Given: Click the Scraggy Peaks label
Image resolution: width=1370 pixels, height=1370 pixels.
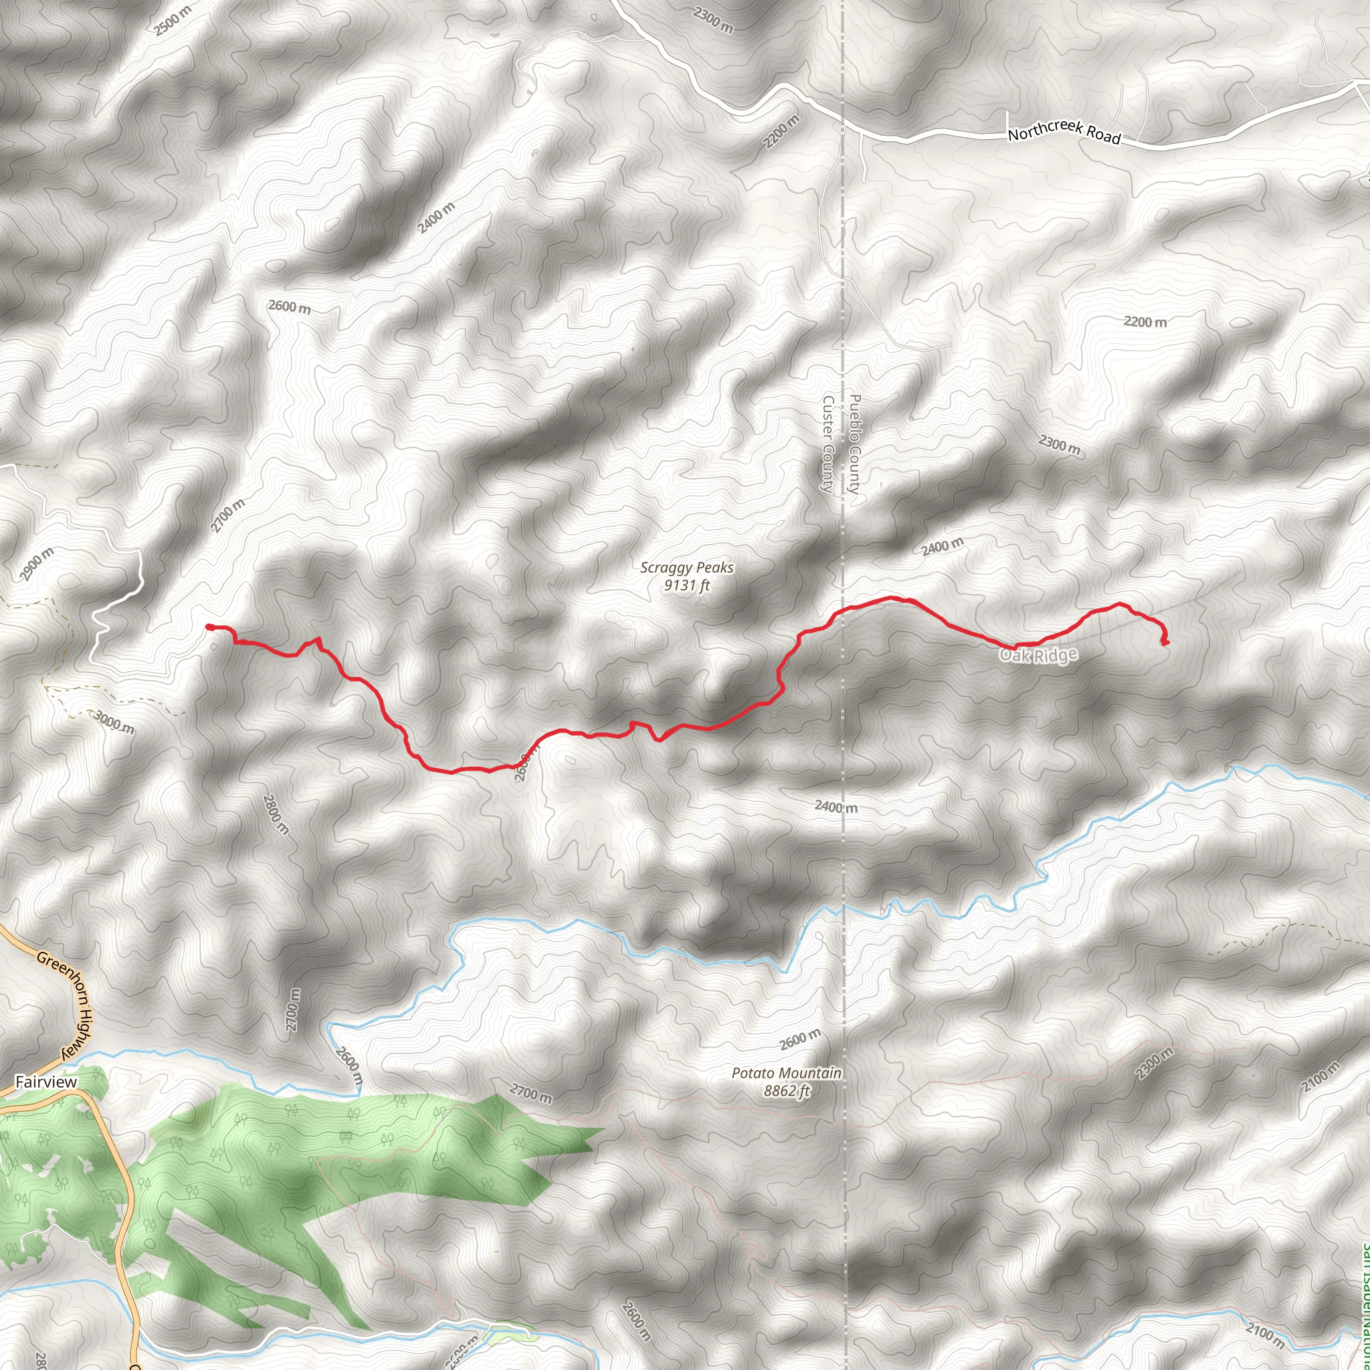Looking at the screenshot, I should (686, 568).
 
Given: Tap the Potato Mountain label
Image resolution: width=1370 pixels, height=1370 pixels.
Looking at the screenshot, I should (786, 1074).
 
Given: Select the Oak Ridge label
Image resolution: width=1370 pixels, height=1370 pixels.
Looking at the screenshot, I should (1038, 655).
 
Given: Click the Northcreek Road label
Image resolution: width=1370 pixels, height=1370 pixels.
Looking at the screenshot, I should (1064, 131).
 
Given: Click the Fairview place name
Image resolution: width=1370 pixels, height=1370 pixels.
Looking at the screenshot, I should (46, 1082).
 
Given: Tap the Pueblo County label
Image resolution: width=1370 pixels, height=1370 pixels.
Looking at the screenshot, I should (854, 444).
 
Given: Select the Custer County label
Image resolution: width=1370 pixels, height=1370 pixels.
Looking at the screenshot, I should (827, 444).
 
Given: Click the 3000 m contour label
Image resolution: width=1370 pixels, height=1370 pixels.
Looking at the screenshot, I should (114, 723).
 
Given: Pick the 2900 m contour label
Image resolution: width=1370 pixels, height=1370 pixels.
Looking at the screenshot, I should (36, 565).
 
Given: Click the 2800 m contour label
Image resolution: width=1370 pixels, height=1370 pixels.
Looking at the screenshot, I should (276, 814).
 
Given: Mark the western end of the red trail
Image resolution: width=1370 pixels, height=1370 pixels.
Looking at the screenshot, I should (210, 627).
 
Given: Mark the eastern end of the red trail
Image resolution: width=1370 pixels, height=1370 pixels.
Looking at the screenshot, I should (1165, 643).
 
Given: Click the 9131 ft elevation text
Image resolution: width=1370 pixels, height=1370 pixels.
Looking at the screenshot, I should (686, 586).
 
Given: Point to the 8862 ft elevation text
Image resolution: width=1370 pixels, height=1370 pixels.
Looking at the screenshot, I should (786, 1091).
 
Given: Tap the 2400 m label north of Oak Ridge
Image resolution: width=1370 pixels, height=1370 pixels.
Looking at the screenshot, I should (943, 547).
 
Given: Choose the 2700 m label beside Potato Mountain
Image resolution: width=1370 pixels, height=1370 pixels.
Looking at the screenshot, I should (530, 1094).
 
